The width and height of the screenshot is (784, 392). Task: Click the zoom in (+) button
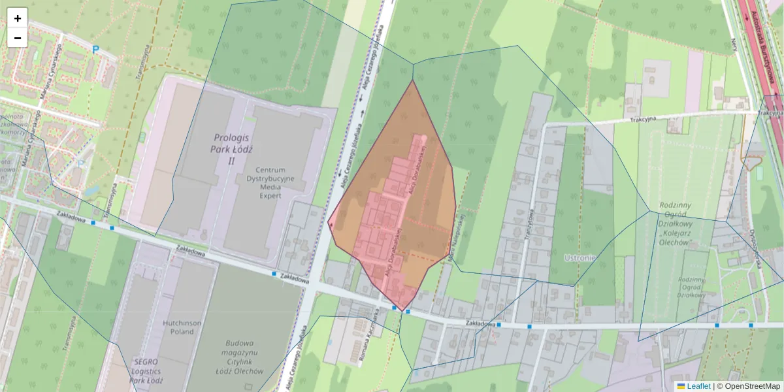[18, 18]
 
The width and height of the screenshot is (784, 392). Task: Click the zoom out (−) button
[18, 38]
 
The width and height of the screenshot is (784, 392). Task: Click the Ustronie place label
[579, 257]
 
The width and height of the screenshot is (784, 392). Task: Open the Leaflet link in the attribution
[698, 386]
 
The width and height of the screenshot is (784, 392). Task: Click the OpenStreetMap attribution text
[752, 386]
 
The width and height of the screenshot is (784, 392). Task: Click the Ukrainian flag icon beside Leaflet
[681, 386]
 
